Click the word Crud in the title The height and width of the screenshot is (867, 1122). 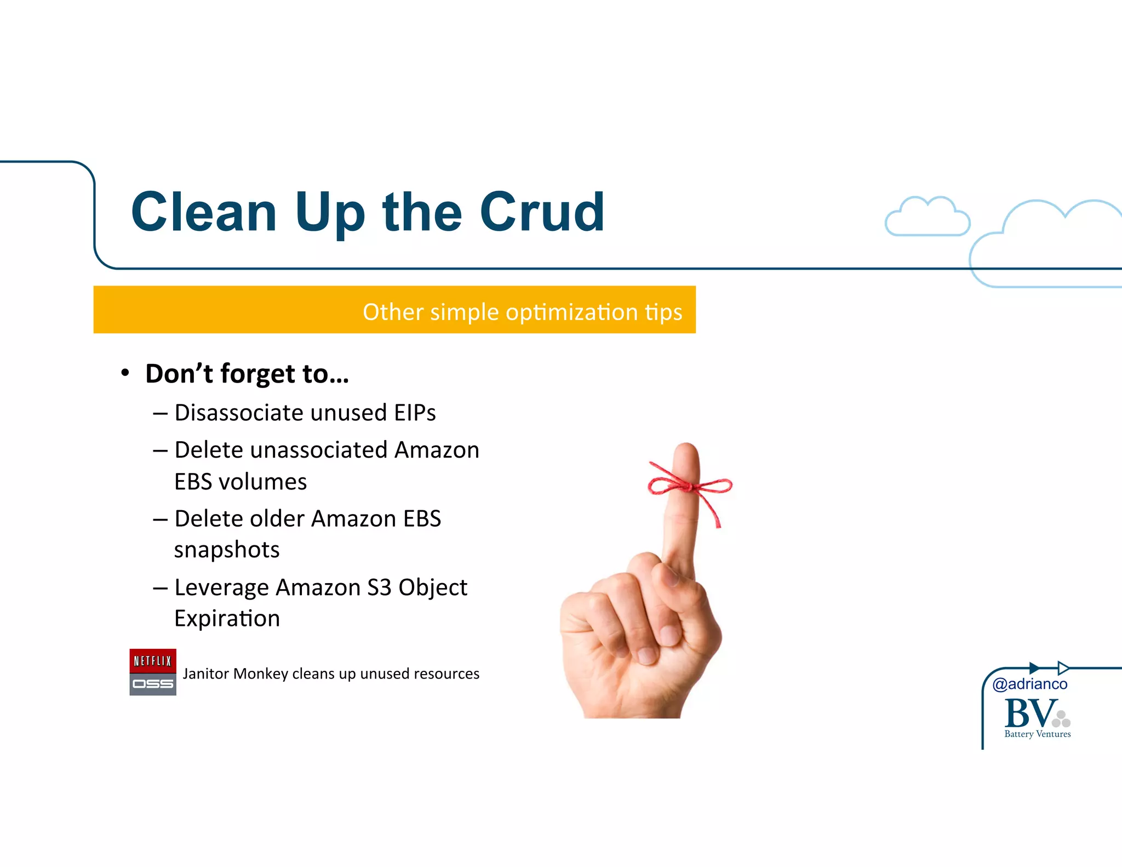click(x=542, y=212)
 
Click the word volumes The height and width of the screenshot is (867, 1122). click(x=262, y=482)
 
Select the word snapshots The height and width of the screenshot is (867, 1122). click(x=227, y=550)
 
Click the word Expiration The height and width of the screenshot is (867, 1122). click(x=227, y=619)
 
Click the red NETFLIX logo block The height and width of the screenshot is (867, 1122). click(x=153, y=661)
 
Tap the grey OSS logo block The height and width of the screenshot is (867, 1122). click(x=153, y=685)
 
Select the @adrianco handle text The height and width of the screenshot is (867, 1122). click(x=1029, y=684)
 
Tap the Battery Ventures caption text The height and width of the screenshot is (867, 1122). click(x=1037, y=734)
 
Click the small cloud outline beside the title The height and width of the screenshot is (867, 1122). click(x=927, y=218)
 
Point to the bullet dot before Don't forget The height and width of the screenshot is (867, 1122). click(x=125, y=373)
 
